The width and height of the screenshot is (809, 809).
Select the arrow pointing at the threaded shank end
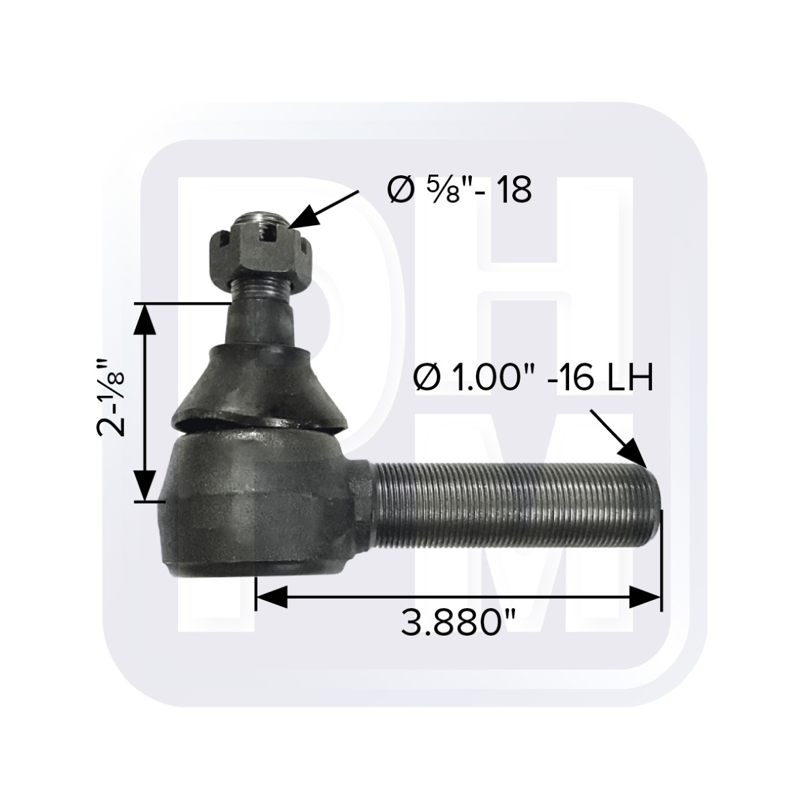(x=619, y=438)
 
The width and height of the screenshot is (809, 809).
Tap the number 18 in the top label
(x=512, y=191)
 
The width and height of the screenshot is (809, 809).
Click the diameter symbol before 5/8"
(x=398, y=191)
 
